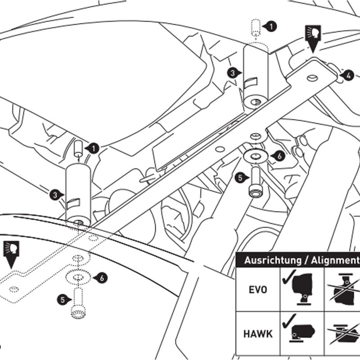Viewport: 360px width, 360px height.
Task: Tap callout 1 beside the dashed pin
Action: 271,27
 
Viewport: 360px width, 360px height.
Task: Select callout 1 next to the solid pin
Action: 94,147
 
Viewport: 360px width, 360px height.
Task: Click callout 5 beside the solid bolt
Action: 240,178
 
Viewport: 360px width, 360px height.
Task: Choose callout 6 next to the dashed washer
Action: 102,278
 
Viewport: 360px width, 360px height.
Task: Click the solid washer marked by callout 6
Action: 255,156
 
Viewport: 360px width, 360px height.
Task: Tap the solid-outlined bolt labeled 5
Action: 255,182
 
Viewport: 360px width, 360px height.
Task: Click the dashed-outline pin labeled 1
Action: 256,27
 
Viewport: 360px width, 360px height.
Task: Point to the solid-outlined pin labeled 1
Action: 78,148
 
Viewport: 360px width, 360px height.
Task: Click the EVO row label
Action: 257,289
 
